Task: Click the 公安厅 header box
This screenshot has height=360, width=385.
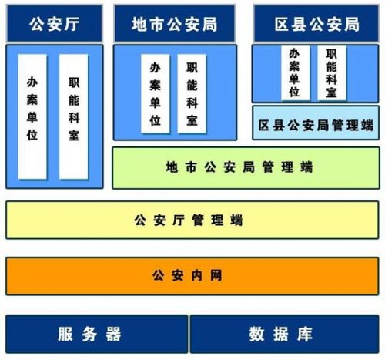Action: point(55,24)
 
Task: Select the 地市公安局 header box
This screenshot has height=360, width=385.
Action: point(175,24)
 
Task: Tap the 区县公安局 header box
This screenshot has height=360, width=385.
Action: point(316,24)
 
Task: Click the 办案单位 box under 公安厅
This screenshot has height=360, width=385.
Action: point(32,116)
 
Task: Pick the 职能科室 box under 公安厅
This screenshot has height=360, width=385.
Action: point(74,116)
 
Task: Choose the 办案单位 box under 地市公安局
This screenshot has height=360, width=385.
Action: point(156,93)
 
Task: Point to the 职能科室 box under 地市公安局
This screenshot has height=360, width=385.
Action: point(192,93)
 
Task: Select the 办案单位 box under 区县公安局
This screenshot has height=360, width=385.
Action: point(295,73)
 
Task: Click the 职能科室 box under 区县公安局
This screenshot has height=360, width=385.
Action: point(332,73)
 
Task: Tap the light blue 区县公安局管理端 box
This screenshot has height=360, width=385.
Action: point(316,123)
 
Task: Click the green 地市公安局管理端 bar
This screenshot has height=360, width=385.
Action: point(246,168)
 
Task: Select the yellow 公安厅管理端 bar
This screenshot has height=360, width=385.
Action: point(192,220)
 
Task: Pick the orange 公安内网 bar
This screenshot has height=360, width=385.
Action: point(192,276)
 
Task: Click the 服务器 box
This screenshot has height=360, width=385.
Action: point(97,334)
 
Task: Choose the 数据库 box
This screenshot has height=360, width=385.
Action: point(284,334)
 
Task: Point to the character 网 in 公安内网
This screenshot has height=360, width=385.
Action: point(216,276)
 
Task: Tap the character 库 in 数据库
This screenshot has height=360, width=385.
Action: point(305,334)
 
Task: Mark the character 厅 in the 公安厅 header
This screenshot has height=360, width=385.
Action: point(72,24)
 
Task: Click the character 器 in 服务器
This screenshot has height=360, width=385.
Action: point(113,334)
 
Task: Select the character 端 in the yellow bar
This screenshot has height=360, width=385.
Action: point(236,220)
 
